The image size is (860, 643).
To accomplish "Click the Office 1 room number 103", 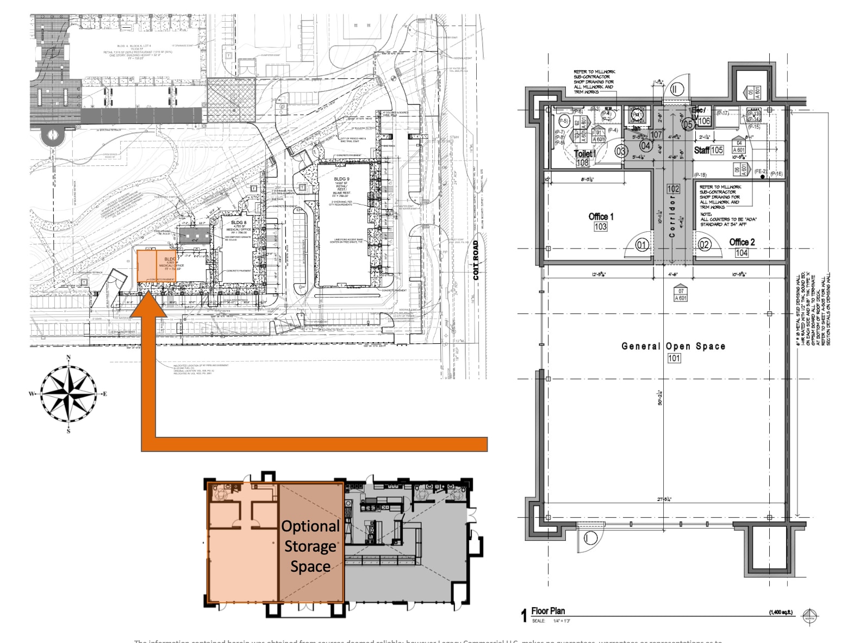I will point(600,227).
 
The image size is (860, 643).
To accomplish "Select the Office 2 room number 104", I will point(741,253).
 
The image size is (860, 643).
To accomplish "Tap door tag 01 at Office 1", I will point(641,245).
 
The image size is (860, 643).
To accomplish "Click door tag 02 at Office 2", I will point(704,244).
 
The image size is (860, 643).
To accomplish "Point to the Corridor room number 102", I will point(673,189).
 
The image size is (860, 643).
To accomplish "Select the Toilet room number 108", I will point(583,163).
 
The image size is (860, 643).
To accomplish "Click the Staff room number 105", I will point(716,150).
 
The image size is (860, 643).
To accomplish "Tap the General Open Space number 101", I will point(674,358).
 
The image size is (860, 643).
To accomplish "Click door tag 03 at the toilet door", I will point(620,151).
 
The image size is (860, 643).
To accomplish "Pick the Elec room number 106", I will point(704,121).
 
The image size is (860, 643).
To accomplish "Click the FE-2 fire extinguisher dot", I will point(763,177).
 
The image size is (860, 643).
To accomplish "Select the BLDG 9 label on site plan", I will point(341,179).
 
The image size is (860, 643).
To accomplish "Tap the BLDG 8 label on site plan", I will point(239,222).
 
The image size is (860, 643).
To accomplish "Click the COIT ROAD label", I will point(476,261).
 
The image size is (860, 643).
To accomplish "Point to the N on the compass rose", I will point(68,358).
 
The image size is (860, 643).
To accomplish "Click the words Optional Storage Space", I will point(310,546).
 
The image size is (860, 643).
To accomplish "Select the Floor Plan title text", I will point(548,611).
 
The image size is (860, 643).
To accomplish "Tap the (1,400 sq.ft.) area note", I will point(781,613).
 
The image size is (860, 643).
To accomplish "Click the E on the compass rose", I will point(105,394).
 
